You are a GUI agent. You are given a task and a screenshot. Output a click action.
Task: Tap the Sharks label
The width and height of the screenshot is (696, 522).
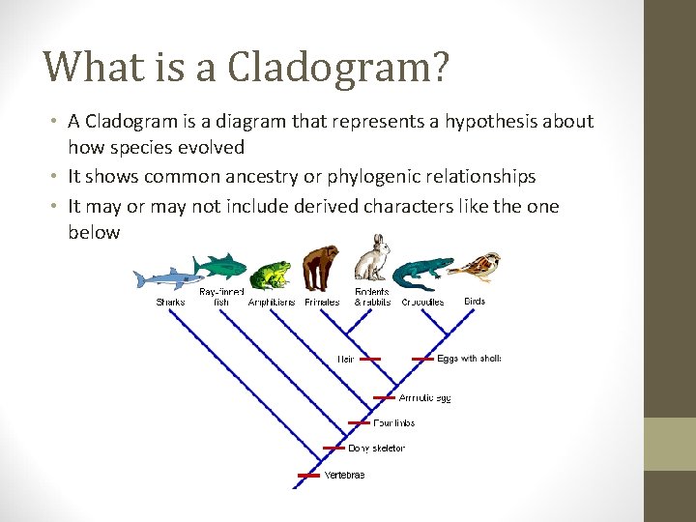click(x=170, y=303)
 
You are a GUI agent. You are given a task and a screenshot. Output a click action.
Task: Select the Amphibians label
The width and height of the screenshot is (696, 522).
click(x=272, y=303)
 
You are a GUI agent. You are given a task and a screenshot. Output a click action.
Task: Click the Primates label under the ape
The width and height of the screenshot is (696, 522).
click(x=322, y=303)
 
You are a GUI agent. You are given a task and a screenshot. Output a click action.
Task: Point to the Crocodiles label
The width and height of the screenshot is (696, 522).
click(x=422, y=303)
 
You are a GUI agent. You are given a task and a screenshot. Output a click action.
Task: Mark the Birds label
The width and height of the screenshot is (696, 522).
click(x=475, y=302)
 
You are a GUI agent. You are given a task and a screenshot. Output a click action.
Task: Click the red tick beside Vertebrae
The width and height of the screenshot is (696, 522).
click(x=308, y=476)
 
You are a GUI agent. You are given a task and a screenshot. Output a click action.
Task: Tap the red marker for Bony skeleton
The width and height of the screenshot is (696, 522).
click(x=333, y=448)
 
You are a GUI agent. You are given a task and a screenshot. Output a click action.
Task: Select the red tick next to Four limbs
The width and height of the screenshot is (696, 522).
click(x=359, y=422)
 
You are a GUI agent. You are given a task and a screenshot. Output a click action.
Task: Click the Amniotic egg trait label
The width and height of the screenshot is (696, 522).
click(x=425, y=397)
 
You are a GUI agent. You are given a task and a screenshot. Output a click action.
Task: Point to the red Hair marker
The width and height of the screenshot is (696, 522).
click(x=370, y=359)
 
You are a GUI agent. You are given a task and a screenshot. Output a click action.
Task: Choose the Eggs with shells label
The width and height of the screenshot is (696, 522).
click(x=469, y=359)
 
